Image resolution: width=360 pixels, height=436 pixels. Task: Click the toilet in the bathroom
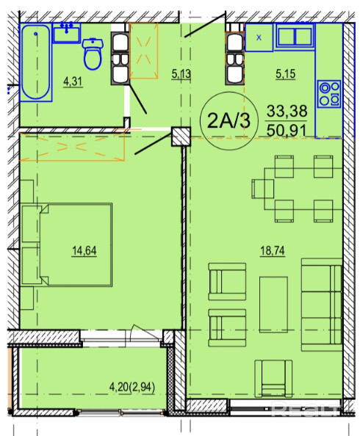click(x=93, y=54)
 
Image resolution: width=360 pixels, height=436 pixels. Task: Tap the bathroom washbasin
click(x=67, y=33)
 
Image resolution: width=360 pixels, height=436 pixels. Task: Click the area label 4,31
click(x=73, y=81)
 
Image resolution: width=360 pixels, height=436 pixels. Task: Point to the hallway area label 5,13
click(x=181, y=74)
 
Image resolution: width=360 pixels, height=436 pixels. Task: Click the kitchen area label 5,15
click(x=285, y=74)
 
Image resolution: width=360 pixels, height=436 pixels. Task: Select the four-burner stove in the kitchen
click(x=329, y=94)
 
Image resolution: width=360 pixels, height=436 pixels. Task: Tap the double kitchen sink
click(x=295, y=37)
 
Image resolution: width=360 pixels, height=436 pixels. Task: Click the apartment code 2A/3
click(x=229, y=121)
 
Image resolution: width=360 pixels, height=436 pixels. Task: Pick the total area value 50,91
click(x=287, y=131)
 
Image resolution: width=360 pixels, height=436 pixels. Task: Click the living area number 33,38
click(x=287, y=111)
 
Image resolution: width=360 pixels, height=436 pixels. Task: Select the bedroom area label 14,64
click(x=84, y=250)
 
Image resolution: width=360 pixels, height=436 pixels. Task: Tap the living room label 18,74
click(x=273, y=250)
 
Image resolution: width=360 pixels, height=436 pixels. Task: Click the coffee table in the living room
click(x=273, y=305)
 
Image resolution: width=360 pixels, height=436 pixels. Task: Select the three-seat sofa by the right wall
click(x=322, y=305)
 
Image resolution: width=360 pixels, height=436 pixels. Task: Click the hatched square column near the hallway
click(x=181, y=137)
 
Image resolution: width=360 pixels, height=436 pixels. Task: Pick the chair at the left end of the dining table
click(x=262, y=189)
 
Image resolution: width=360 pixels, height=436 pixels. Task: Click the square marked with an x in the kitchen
click(x=259, y=37)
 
